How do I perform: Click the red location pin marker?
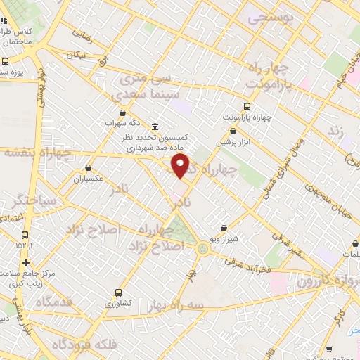[181, 166]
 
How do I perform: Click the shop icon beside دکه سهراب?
[123, 112]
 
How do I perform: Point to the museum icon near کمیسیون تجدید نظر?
[155, 127]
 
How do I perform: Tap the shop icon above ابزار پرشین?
[233, 131]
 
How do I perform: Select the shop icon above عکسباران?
[88, 168]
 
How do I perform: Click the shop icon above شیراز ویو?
[224, 228]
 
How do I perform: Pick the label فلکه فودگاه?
[79, 345]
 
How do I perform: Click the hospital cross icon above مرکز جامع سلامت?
[26, 262]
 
